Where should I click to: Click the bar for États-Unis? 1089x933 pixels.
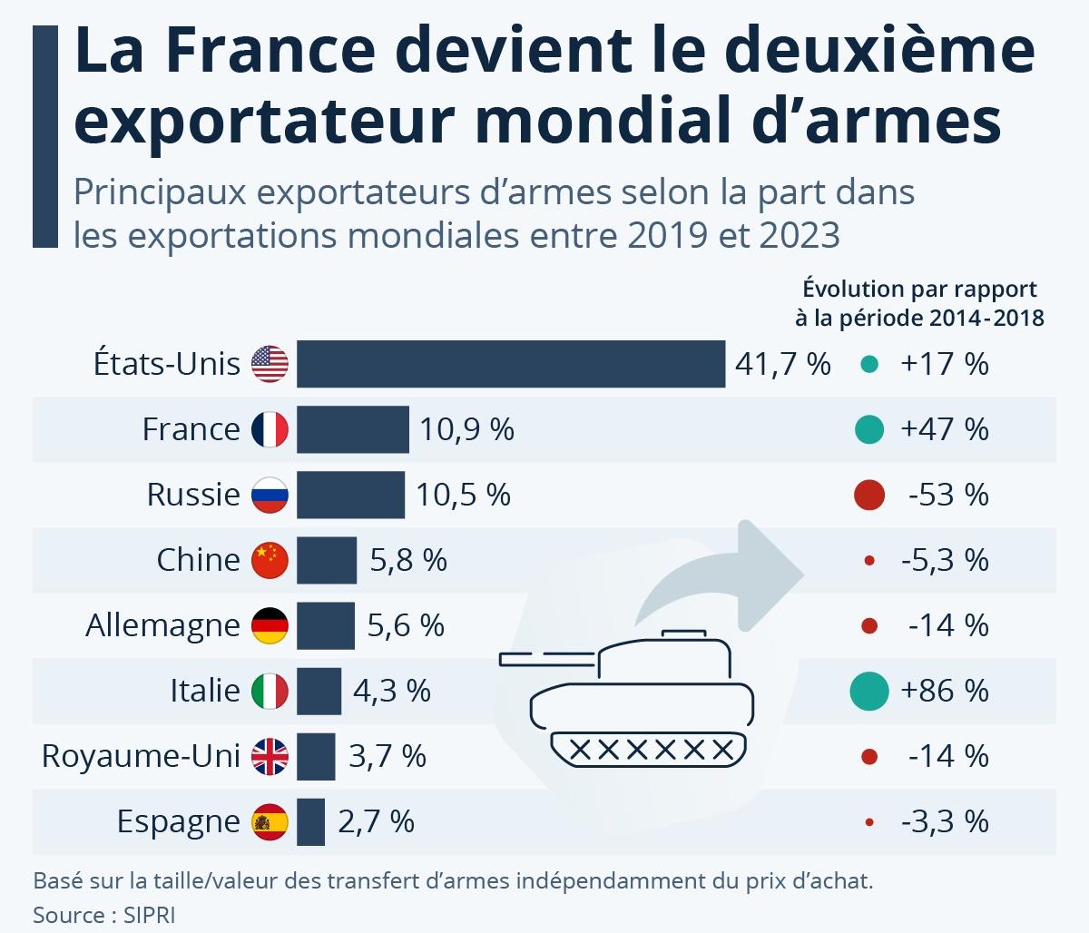click(x=510, y=364)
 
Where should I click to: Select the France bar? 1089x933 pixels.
click(x=352, y=429)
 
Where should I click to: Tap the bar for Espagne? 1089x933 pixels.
click(x=310, y=821)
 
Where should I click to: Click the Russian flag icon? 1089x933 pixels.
click(x=270, y=495)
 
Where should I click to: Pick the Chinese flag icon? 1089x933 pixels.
click(x=270, y=560)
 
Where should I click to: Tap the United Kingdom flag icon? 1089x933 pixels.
click(x=270, y=756)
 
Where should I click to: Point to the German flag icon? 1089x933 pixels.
click(x=270, y=625)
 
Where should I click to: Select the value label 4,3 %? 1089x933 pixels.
click(x=391, y=692)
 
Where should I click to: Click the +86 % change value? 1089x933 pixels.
click(x=944, y=692)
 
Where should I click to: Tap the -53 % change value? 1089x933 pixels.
click(x=947, y=496)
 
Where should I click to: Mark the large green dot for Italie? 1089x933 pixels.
click(x=868, y=691)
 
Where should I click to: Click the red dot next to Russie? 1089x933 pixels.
click(x=868, y=495)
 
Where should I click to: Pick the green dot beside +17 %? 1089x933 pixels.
click(x=868, y=365)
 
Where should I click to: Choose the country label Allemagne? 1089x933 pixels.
click(x=162, y=626)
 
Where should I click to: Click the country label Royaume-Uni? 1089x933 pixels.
click(x=141, y=757)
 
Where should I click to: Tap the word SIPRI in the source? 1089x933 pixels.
click(x=144, y=914)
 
